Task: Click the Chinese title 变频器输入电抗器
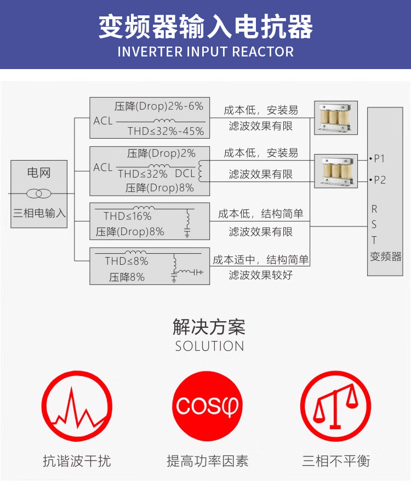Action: (206, 27)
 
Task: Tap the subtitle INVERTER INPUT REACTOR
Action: (206, 52)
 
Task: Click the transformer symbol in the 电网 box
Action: (39, 193)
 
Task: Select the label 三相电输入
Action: (39, 213)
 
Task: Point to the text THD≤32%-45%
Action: (165, 132)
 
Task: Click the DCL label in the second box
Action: (185, 174)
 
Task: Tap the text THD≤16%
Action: (128, 217)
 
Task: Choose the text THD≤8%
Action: (127, 261)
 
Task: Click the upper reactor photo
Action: (335, 117)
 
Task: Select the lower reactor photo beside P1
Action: (335, 170)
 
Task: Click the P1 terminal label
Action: (379, 159)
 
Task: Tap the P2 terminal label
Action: (379, 180)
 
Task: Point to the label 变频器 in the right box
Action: (386, 256)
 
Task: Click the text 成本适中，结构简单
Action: (261, 259)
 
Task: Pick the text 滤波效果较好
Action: (261, 275)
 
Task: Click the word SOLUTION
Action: (210, 346)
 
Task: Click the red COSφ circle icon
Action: (207, 406)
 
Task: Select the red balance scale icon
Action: (335, 406)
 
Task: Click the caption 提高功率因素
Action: (207, 461)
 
